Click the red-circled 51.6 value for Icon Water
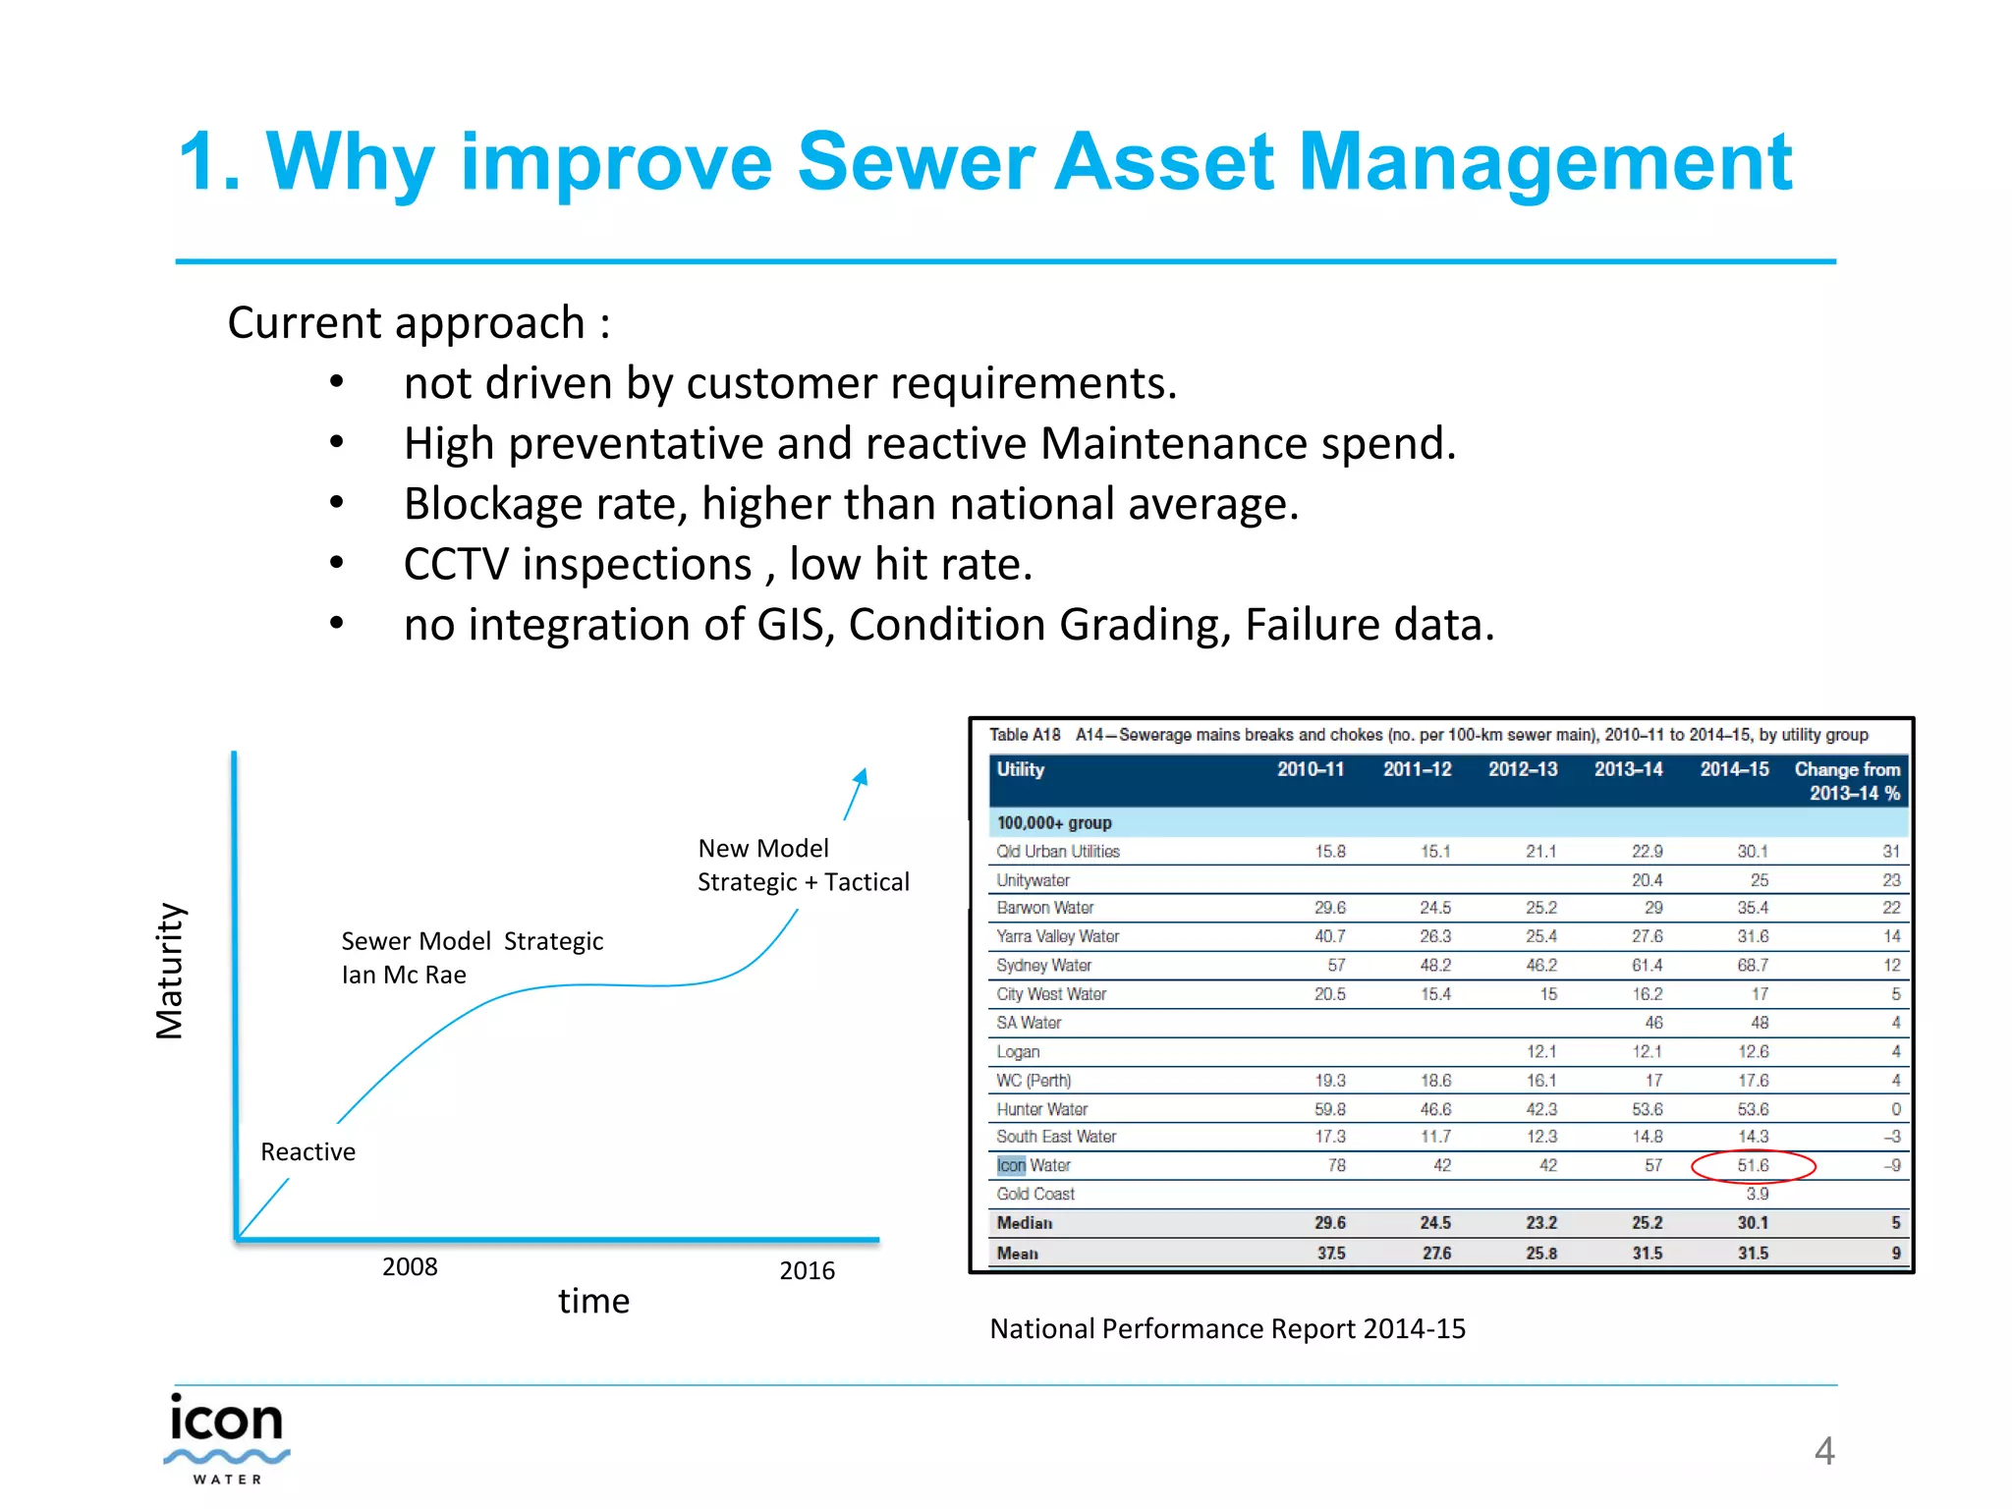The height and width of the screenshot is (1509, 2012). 1753,1165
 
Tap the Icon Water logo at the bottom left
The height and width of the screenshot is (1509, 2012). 227,1437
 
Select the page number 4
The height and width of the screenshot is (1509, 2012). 1823,1451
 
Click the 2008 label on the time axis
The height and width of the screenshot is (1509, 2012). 410,1266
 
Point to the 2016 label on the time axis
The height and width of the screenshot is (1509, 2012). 807,1270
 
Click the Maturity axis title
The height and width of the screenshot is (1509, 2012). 170,971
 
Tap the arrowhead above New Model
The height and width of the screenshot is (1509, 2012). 861,777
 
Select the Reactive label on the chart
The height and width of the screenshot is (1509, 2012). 307,1151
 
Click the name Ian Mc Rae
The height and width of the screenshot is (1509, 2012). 404,975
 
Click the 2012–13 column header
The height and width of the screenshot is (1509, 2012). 1522,769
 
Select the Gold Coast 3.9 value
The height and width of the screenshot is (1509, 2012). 1757,1194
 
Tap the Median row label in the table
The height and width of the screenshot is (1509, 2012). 1024,1223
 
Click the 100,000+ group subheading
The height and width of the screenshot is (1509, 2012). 1053,823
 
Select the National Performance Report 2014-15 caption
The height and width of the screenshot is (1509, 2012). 1227,1328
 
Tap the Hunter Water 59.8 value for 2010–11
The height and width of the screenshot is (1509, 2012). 1329,1109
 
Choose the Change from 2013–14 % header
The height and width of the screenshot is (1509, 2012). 1846,781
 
